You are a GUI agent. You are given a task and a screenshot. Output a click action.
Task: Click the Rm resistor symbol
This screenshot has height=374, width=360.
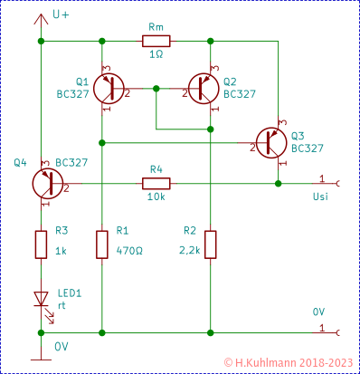pyautogui.click(x=155, y=40)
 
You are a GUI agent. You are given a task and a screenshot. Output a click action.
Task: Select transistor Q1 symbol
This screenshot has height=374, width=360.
pyautogui.click(x=110, y=88)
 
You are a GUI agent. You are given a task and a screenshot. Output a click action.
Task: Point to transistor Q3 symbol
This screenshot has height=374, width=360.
pyautogui.click(x=270, y=142)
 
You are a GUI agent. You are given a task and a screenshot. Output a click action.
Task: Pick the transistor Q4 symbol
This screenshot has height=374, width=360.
pyautogui.click(x=46, y=183)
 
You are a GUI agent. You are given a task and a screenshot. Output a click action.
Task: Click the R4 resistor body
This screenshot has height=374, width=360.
pyautogui.click(x=155, y=183)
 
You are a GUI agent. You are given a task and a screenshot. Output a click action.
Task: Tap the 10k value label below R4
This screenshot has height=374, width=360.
pyautogui.click(x=155, y=197)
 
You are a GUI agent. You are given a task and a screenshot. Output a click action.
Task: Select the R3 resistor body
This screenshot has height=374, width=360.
pyautogui.click(x=41, y=244)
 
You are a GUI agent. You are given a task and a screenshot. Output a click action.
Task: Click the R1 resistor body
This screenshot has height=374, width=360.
pyautogui.click(x=101, y=244)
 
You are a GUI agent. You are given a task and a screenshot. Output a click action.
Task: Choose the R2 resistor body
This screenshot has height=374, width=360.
pyautogui.click(x=210, y=244)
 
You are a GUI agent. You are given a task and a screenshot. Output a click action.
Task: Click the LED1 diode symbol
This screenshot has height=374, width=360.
pyautogui.click(x=41, y=298)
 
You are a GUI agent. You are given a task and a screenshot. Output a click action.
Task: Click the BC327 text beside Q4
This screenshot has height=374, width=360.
pyautogui.click(x=71, y=163)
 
